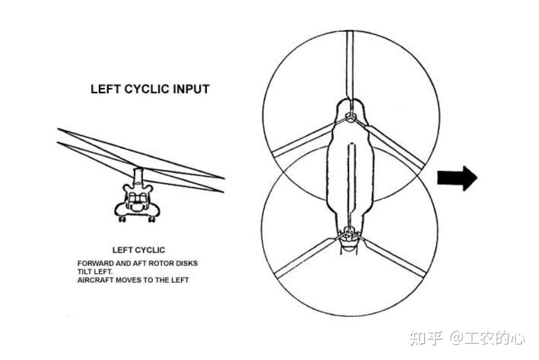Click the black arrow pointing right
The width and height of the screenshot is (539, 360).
[456, 178]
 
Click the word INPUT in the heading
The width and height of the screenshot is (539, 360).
[191, 89]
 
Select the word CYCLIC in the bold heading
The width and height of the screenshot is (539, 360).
[145, 89]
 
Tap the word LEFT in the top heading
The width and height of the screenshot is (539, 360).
[106, 89]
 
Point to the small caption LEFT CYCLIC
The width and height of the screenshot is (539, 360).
[139, 250]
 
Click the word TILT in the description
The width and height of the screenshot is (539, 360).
[84, 272]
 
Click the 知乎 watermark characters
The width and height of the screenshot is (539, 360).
[426, 338]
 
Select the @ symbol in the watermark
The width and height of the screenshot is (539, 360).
[456, 338]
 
